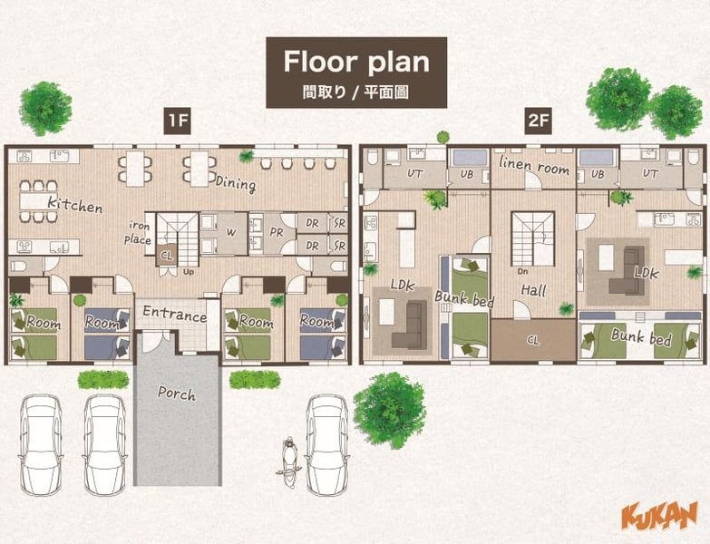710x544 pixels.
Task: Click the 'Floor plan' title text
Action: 356,62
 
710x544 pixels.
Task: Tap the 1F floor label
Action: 178,121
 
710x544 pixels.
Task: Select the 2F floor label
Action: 539,121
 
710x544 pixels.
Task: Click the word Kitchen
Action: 75,205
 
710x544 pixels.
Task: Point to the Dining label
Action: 236,183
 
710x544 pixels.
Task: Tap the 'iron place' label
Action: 138,232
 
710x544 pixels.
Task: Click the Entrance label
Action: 175,313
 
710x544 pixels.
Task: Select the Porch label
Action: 177,393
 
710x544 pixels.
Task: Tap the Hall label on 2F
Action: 533,290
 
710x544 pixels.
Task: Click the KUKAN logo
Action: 659,515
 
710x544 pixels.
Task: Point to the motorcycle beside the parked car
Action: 288,462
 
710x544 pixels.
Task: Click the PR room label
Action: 277,232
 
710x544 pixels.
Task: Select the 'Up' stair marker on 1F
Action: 189,272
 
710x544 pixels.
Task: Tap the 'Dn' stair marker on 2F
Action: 523,272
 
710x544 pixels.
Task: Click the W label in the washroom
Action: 231,233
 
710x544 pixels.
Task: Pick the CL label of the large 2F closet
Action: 533,340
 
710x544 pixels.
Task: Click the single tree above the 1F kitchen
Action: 45,109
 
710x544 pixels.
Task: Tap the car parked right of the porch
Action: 327,445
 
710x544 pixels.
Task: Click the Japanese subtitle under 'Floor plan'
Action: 355,92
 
